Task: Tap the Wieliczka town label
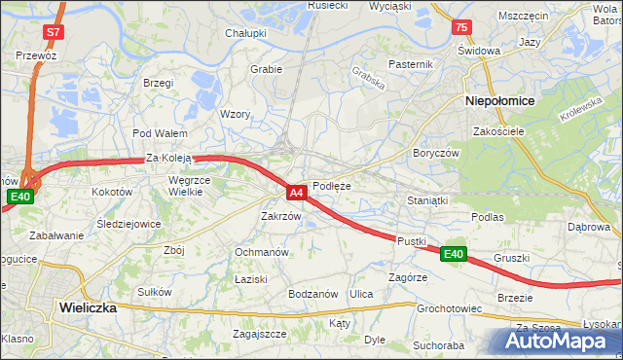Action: click(x=88, y=306)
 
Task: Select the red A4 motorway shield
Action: click(x=299, y=193)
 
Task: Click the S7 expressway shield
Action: click(x=53, y=32)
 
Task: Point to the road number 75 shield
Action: click(x=460, y=27)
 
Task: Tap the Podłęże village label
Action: click(x=332, y=186)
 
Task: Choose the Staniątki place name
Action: click(x=427, y=200)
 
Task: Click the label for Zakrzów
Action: click(x=280, y=216)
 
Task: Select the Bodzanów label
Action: click(x=312, y=294)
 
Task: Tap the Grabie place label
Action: click(x=266, y=69)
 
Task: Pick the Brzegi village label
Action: click(x=158, y=83)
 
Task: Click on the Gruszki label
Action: click(x=511, y=258)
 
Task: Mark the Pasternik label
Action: click(x=410, y=64)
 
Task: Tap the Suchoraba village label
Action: click(x=438, y=344)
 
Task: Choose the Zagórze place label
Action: click(x=408, y=276)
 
